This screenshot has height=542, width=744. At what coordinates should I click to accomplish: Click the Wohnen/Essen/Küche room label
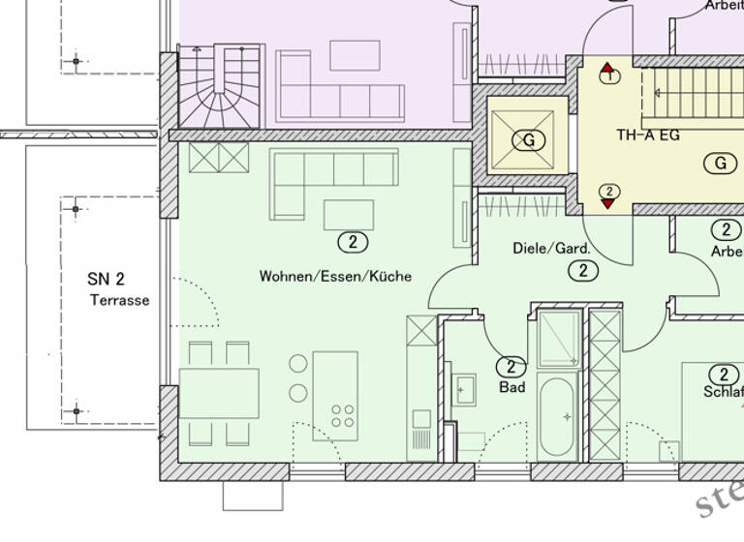[335, 276]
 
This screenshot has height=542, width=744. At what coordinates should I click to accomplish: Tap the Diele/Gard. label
[551, 249]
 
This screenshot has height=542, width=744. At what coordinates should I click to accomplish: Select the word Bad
[511, 387]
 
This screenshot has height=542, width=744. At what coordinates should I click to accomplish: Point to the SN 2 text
[106, 279]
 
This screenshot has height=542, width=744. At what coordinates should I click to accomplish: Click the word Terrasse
[120, 300]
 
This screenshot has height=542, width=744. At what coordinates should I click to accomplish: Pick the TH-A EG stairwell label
[648, 135]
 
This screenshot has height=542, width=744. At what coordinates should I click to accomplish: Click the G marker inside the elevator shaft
[529, 140]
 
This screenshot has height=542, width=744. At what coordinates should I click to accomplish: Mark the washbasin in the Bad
[465, 389]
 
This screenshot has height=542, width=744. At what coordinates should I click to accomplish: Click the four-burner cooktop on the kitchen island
[342, 416]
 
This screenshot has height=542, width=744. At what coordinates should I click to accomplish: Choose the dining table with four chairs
[219, 393]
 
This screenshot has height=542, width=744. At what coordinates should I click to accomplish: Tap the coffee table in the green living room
[348, 214]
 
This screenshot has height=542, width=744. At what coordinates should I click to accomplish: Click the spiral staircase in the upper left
[221, 86]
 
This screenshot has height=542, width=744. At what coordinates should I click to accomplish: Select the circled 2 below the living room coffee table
[354, 242]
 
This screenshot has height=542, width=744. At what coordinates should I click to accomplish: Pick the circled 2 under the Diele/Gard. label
[583, 271]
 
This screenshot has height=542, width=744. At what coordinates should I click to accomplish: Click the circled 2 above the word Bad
[511, 367]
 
